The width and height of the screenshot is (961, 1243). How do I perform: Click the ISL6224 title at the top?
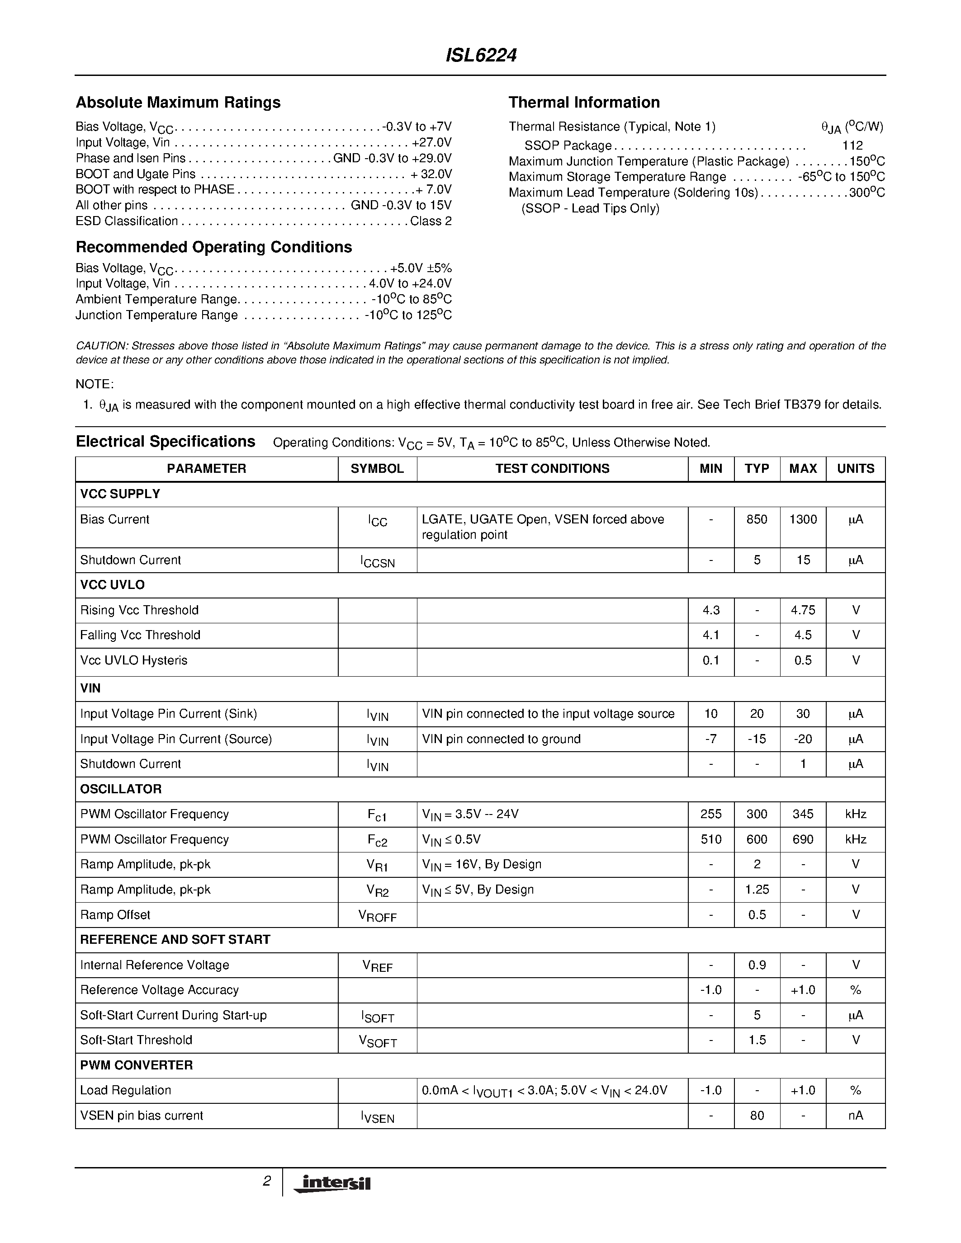coord(480,56)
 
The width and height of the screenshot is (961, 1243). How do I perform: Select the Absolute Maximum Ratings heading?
coord(178,103)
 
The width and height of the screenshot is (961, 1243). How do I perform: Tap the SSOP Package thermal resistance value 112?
coord(852,146)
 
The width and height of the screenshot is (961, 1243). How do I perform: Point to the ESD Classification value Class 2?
coord(431,221)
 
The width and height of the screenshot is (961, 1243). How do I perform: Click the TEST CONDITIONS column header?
coord(552,468)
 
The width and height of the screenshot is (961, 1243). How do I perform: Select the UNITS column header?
coord(855,468)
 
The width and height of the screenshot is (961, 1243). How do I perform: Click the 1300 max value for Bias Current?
coord(803,519)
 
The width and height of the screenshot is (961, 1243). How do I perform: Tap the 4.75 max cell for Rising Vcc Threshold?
coord(803,610)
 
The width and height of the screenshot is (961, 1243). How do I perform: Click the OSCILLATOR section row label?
coord(121,789)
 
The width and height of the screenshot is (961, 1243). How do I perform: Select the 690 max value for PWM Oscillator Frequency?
coord(803,839)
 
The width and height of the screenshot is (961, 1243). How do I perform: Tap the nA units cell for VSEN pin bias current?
coord(855,1116)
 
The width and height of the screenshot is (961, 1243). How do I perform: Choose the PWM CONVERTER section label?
coord(136,1065)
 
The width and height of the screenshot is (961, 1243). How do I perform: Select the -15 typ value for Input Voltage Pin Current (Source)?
coord(757,739)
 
